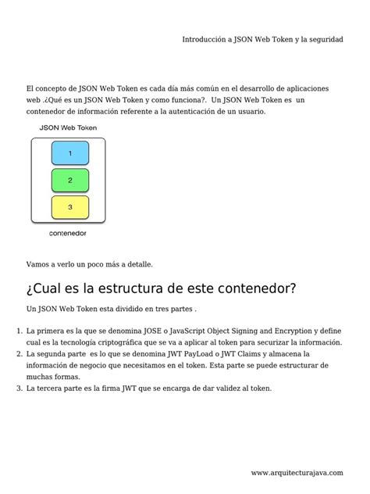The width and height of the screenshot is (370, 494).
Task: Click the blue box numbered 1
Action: [x=70, y=153]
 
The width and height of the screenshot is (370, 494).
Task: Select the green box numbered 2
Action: [x=70, y=181]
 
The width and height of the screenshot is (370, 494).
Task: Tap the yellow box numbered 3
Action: [x=70, y=207]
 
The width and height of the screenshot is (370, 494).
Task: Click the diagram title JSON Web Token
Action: [x=69, y=127]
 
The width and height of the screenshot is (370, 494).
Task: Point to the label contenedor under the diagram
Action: [x=68, y=233]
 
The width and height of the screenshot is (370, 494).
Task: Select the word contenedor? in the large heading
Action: [x=251, y=288]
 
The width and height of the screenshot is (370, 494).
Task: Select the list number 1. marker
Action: [x=19, y=331]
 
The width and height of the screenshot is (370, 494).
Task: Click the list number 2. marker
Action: [x=19, y=354]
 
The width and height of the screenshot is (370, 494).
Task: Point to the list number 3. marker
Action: [x=19, y=388]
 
